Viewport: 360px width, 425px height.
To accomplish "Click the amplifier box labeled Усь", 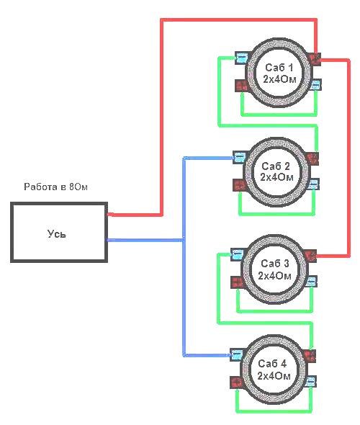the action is coord(59,232).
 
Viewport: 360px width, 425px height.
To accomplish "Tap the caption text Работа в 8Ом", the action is coord(55,187).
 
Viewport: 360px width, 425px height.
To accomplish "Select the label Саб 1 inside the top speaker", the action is coord(279,68).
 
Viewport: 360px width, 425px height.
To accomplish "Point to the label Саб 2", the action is coord(276,166).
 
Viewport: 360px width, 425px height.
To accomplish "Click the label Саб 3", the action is coord(274,263).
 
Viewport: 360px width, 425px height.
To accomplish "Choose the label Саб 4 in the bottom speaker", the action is coord(272,364).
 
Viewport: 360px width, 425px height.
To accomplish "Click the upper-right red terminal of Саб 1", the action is coord(315,58).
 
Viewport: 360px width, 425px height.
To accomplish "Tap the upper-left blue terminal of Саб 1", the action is coord(242,58).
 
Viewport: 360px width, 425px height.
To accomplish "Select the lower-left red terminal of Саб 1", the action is coord(242,86).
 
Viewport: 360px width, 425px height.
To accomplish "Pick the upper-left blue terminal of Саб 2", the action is coord(240,157).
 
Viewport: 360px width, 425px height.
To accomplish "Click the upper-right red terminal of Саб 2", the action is coord(312,158).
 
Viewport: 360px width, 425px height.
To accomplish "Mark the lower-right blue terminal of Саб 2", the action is coord(314,184).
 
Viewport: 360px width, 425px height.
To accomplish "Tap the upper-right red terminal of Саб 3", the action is coord(310,256).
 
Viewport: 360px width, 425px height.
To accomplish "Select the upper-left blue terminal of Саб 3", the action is coord(238,254).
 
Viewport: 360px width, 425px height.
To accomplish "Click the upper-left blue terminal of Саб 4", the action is coord(236,355).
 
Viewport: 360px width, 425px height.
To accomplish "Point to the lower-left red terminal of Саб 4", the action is coord(236,382).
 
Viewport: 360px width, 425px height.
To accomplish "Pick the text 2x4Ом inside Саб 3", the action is coord(274,276).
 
